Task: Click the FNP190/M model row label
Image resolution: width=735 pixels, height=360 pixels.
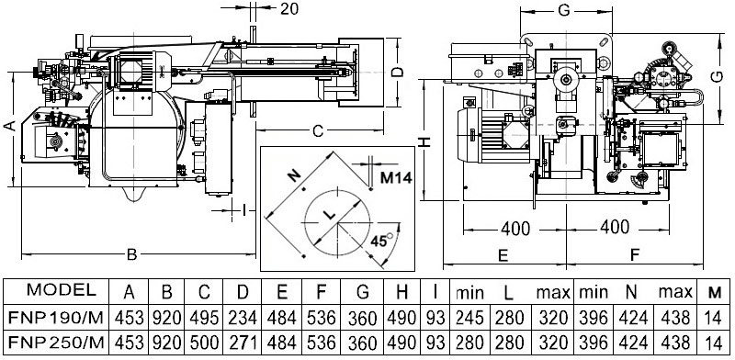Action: (56, 318)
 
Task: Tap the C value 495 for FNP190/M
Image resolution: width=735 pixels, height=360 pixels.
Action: (204, 318)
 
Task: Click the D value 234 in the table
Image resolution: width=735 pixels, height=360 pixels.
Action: (243, 318)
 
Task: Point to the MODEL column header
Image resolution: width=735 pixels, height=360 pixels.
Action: (62, 289)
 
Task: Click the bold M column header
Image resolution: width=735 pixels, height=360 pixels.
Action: (715, 293)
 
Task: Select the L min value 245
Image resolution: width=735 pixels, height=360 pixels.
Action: (469, 318)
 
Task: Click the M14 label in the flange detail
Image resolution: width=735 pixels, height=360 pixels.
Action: (396, 178)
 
